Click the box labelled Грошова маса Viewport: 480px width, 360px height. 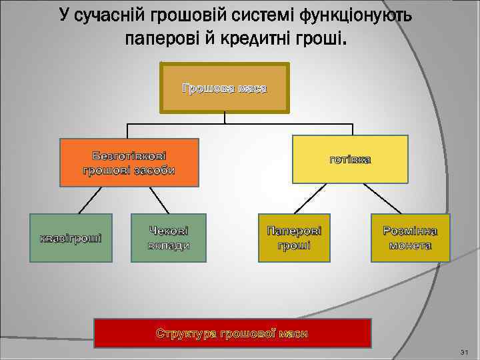tap(225, 88)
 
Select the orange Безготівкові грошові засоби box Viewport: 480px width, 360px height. tap(129, 162)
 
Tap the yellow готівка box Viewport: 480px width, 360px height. tap(350, 159)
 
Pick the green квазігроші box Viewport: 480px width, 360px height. tap(70, 238)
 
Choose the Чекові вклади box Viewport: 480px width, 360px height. tap(169, 238)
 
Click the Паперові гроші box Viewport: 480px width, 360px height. tap(293, 238)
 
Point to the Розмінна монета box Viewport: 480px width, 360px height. tap(410, 238)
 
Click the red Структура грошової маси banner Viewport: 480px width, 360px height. tap(232, 333)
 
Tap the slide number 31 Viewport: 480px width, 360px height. tap(465, 352)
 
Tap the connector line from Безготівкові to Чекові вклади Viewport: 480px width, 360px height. tap(159, 199)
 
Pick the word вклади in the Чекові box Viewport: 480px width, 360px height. tap(169, 245)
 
